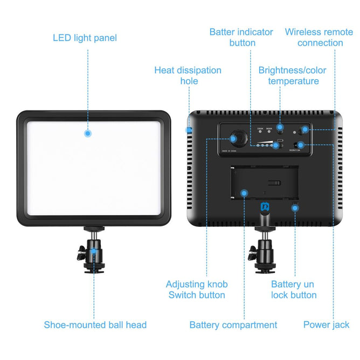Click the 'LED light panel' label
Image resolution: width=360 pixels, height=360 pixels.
coord(85,38)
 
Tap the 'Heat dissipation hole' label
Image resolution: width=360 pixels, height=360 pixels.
coord(188,75)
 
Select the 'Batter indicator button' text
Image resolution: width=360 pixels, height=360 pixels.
coord(241,38)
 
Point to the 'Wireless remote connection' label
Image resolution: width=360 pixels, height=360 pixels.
coord(319,38)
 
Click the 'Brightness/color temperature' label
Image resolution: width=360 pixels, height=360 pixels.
coord(293,75)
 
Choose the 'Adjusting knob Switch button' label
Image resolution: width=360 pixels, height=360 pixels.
coord(196,289)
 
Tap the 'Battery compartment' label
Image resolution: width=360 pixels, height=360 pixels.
coord(233,325)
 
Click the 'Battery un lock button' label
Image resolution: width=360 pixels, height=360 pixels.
coord(294,289)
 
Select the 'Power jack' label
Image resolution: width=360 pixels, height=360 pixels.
coord(326,324)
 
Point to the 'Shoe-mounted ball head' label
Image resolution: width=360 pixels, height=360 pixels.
coord(95,325)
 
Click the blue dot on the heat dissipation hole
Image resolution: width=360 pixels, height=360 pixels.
coord(189,130)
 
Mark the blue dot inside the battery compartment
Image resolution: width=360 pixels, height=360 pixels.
coord(244,192)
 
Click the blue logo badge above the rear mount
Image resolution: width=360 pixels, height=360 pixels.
coord(265,206)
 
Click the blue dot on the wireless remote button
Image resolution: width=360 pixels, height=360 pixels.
coord(305,129)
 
